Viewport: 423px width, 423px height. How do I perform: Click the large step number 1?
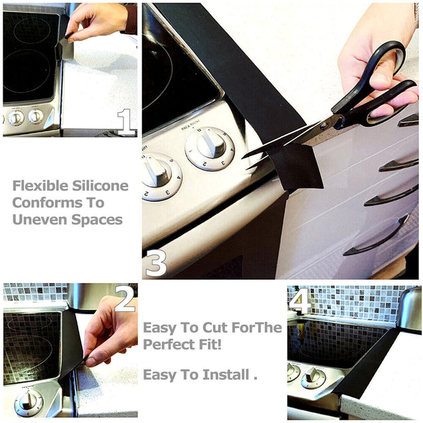[126, 122]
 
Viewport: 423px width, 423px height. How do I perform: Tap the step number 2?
[125, 299]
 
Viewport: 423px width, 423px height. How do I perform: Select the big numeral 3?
[156, 263]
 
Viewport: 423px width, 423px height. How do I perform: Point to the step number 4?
[299, 301]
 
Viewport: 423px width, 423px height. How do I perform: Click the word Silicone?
[100, 186]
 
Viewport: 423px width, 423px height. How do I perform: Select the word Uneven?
[41, 220]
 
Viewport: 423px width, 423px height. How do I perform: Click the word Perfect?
[168, 344]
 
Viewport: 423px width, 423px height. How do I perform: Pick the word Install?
[226, 375]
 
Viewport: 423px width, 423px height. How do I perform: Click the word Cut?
[216, 327]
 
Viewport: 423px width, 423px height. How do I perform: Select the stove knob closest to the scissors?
[210, 148]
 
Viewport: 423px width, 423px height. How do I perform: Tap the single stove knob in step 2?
[28, 403]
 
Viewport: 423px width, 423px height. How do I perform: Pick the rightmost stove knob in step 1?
[36, 117]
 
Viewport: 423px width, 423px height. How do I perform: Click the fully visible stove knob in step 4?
[313, 379]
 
